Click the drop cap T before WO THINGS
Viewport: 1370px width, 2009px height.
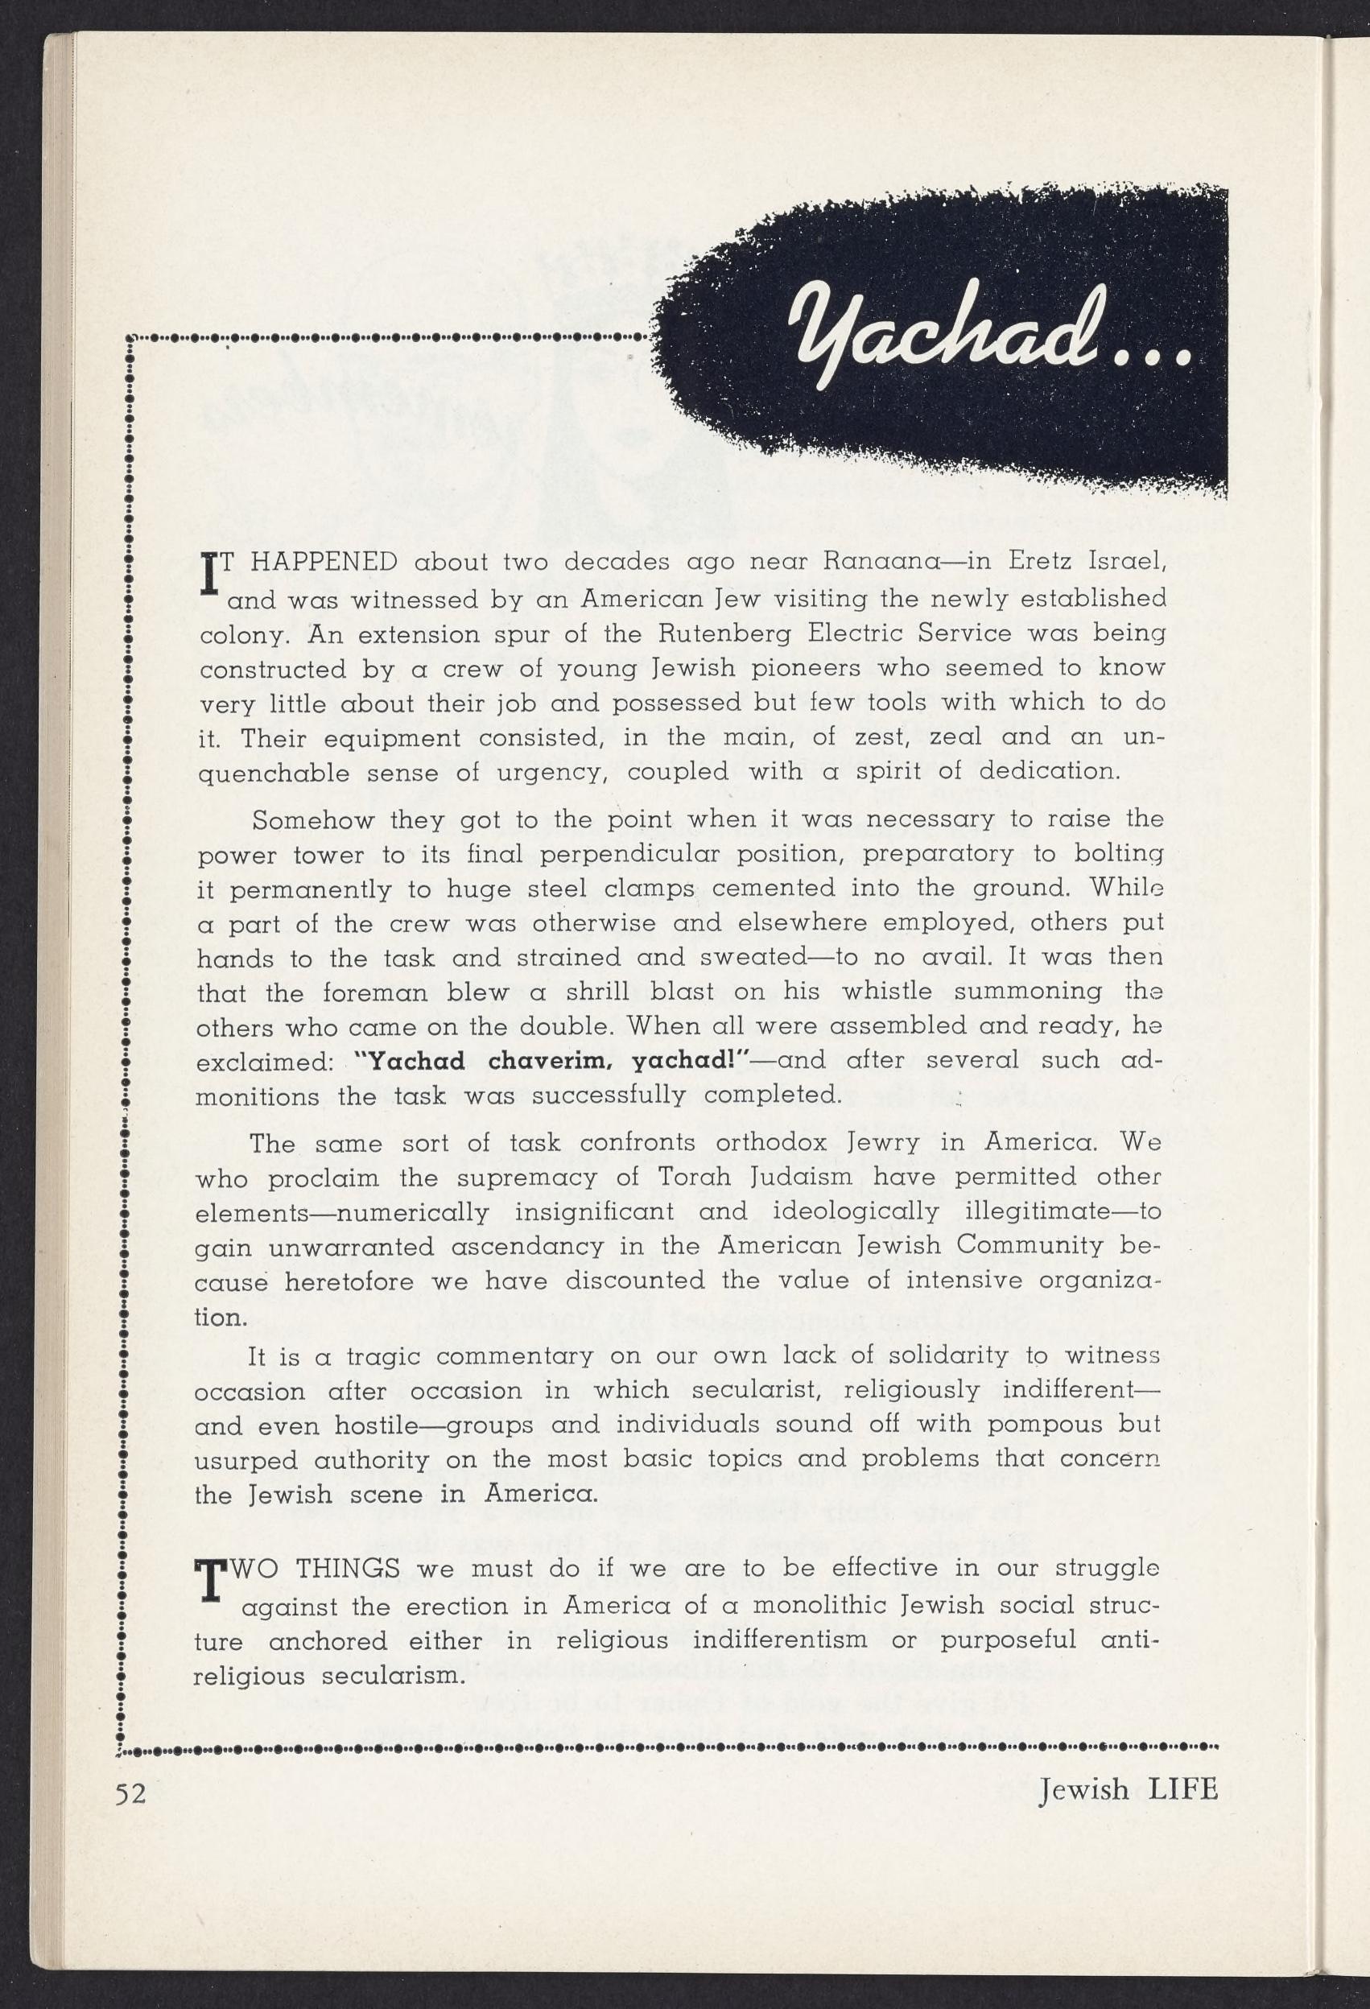point(208,1582)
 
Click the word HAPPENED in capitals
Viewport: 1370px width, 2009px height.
point(324,562)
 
